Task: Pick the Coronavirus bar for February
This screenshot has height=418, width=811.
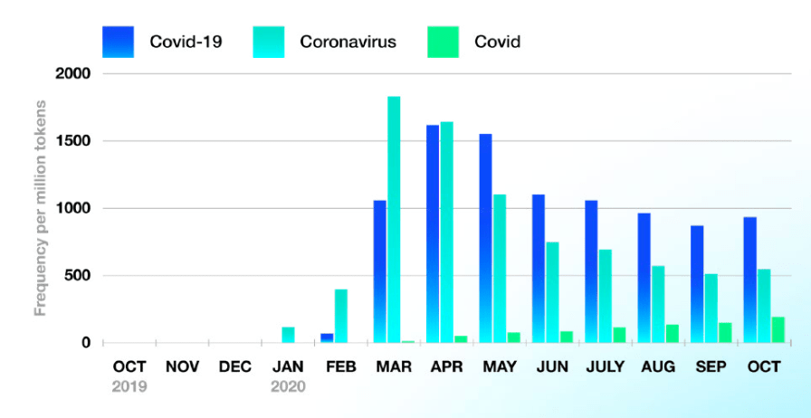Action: pos(341,316)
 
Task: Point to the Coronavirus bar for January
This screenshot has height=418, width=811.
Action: pos(288,335)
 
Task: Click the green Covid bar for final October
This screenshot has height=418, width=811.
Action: pos(778,330)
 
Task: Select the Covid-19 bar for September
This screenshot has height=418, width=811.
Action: pos(697,284)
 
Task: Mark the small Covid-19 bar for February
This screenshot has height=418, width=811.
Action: pos(327,338)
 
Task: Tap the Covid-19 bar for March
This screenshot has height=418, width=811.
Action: pos(379,271)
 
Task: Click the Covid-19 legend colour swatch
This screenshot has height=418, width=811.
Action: pos(119,42)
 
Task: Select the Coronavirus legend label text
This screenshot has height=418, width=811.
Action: pos(348,42)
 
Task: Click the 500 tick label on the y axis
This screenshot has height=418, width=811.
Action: pos(75,276)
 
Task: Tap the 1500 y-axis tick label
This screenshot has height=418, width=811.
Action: pos(72,141)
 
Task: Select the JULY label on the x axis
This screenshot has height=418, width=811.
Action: pos(605,367)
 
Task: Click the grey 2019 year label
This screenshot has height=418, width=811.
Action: pos(129,386)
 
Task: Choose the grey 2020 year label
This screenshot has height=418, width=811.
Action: pos(288,386)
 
